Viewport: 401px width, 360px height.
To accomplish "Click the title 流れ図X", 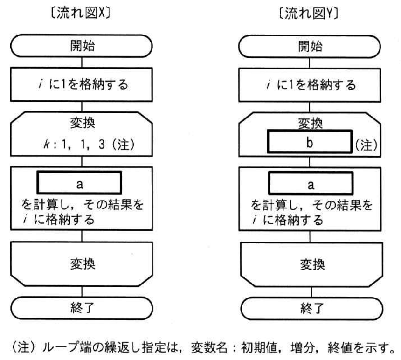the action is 81,13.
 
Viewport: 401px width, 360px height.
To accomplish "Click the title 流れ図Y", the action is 309,14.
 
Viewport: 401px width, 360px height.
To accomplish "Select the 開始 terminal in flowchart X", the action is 82,46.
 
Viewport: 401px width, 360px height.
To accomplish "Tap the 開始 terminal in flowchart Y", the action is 310,47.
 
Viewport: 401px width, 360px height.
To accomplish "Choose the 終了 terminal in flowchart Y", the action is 312,309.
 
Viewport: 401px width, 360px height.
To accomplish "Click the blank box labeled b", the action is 310,142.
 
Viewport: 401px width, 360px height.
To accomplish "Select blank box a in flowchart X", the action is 79,183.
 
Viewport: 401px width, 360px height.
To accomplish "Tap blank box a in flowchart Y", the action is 311,184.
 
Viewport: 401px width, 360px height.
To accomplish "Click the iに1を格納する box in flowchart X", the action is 82,84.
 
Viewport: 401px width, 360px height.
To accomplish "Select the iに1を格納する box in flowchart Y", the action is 310,85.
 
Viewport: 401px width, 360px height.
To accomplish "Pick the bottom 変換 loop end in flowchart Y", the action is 312,264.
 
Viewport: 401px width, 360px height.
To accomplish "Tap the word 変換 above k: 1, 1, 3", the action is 83,123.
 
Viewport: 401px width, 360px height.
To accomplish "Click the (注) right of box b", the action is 366,145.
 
